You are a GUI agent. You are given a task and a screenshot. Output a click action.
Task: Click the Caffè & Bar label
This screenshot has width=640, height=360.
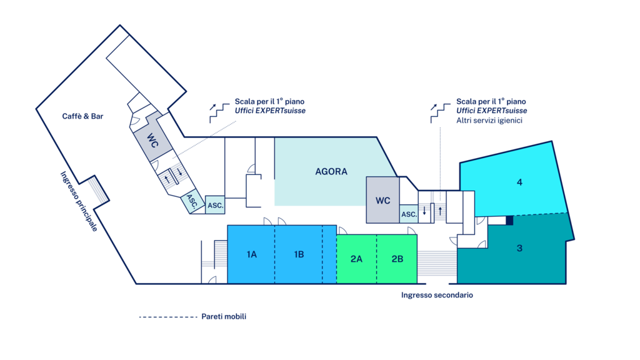tap(82, 116)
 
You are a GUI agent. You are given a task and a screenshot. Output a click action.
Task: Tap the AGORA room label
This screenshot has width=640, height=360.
tap(331, 171)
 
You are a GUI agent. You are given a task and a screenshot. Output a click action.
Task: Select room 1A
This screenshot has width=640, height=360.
tap(252, 254)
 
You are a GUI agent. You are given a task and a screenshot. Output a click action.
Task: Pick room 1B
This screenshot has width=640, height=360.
tap(299, 254)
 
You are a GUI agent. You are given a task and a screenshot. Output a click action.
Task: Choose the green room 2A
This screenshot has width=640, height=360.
tap(356, 259)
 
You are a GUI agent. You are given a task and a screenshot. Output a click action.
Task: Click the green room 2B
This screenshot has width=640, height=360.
tap(397, 259)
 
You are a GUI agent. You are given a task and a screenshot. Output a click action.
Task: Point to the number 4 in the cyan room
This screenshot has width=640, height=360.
tap(519, 182)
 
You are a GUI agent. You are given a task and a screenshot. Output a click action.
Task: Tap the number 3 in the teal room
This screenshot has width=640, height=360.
tap(519, 248)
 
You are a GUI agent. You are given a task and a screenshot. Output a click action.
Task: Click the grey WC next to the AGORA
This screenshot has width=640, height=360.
tap(383, 201)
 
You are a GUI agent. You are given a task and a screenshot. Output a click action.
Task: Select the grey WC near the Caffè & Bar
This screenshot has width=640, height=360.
tap(152, 140)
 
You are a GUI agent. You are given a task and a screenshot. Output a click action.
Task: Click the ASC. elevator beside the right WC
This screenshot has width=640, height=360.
tap(409, 214)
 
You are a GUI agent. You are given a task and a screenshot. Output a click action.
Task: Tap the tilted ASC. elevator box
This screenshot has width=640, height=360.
tap(191, 202)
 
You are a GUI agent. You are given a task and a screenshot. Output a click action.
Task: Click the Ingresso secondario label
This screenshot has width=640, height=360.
tap(437, 295)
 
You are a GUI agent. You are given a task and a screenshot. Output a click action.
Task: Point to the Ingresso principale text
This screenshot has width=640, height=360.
tap(79, 201)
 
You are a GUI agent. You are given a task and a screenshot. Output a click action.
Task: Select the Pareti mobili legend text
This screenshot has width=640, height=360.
tap(224, 317)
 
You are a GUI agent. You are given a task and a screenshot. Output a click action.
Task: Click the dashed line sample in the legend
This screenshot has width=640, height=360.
tap(167, 317)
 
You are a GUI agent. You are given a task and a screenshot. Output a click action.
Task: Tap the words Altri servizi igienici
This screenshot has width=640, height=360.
tap(489, 120)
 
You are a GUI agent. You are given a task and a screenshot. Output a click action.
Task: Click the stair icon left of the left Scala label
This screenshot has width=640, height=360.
tap(217, 112)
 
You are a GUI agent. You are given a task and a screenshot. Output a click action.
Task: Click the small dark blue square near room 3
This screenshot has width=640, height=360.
tap(509, 220)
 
